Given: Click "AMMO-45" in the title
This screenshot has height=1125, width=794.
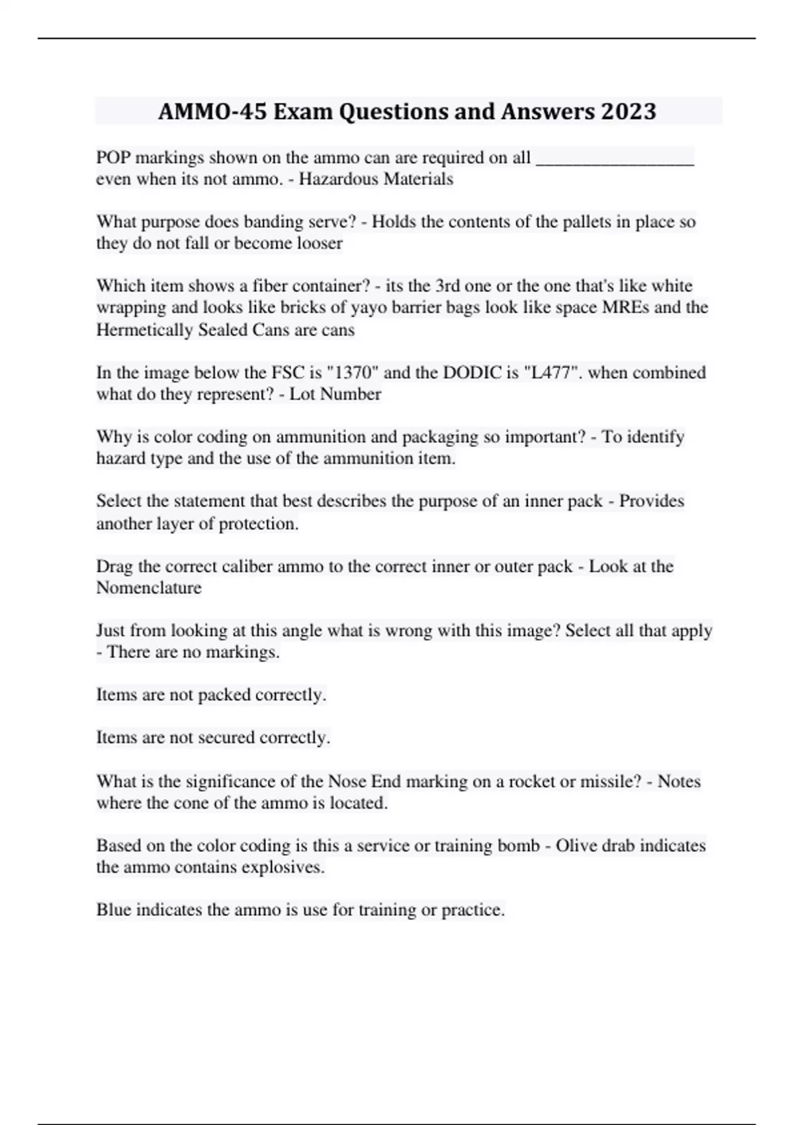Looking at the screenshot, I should [212, 111].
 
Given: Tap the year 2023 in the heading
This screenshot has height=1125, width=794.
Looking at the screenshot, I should [628, 111].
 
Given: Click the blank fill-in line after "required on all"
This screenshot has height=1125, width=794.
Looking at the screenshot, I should [614, 159].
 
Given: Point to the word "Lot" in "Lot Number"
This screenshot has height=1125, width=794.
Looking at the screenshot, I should [301, 394].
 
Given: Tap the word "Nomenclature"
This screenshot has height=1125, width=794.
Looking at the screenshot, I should [149, 588].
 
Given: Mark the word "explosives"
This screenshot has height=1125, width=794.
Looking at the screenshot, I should [284, 867].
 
